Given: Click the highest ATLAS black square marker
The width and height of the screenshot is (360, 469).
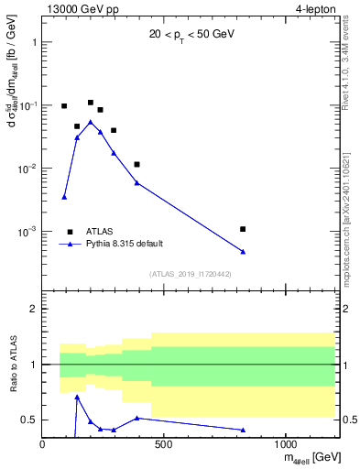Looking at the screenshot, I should pos(91,103).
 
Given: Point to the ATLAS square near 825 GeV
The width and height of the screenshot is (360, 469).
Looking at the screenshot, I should pos(243,229).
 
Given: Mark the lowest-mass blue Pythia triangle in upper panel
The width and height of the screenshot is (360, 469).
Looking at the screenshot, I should pos(64,197).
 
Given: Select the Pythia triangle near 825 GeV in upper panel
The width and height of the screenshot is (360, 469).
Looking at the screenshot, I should pos(243,252).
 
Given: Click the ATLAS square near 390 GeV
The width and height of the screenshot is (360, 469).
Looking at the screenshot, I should pos(136,165).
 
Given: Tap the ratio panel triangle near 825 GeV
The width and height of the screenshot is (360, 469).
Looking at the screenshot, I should pos(243,430).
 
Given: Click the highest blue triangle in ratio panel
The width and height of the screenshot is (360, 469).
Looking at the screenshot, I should pos(77,397).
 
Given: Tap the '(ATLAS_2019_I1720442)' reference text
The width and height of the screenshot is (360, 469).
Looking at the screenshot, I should pos(190,274).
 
